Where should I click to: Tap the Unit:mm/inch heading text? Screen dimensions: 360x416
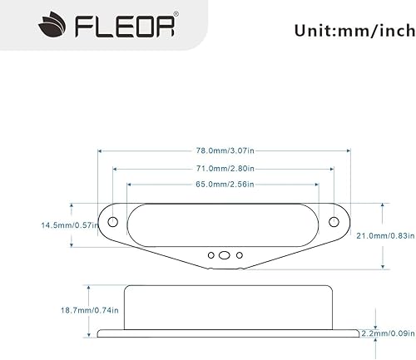click(353, 31)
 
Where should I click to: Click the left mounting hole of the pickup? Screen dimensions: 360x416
click(112, 222)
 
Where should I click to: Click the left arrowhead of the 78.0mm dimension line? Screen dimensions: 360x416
click(101, 150)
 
